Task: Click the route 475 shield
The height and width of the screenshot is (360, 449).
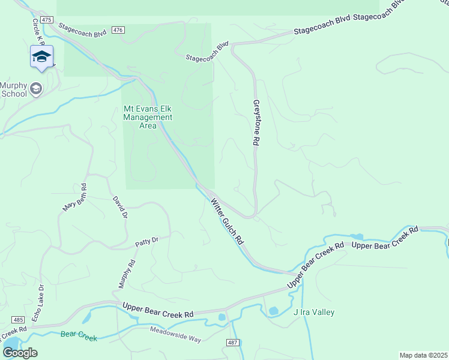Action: pyautogui.click(x=46, y=20)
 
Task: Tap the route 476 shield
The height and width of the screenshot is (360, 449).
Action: pyautogui.click(x=118, y=30)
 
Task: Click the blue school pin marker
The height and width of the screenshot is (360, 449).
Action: pyautogui.click(x=41, y=58)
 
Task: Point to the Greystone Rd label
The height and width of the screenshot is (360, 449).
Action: pyautogui.click(x=256, y=122)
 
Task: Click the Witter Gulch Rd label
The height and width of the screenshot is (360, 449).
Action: pyautogui.click(x=226, y=221)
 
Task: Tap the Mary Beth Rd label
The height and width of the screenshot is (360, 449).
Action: pyautogui.click(x=75, y=197)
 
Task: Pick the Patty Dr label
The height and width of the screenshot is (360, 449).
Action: pyautogui.click(x=146, y=241)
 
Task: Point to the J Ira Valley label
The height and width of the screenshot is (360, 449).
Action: pyautogui.click(x=313, y=312)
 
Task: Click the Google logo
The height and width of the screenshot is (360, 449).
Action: pyautogui.click(x=20, y=353)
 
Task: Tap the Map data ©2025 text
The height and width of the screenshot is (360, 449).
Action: pyautogui.click(x=423, y=355)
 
